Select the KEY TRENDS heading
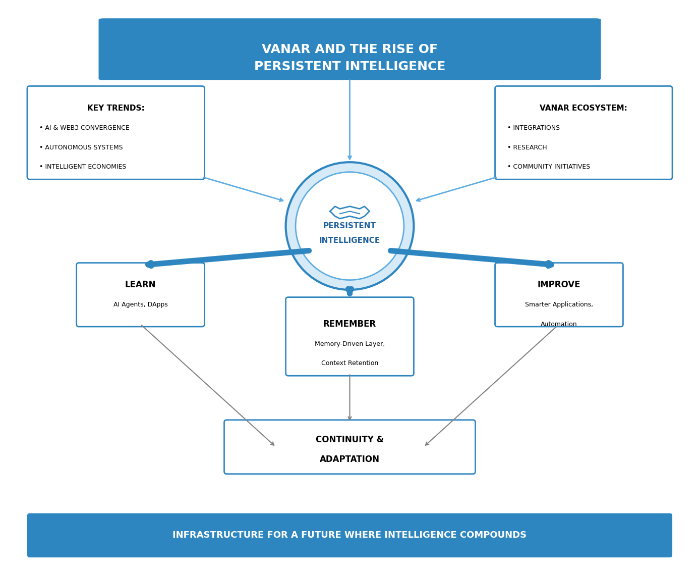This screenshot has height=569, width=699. (x=115, y=108)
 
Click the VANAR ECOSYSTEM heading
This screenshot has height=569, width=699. (x=583, y=108)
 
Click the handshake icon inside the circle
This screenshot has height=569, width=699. (x=349, y=212)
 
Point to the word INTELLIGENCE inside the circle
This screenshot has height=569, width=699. (x=349, y=240)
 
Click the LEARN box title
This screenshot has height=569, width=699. (x=140, y=285)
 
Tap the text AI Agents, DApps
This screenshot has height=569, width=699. (x=140, y=305)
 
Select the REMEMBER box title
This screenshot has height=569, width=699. (x=349, y=324)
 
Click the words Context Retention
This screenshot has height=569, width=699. (x=349, y=364)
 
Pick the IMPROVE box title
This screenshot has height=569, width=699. (x=559, y=285)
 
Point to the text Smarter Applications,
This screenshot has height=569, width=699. (x=559, y=305)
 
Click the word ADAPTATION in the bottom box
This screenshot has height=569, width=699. (x=349, y=459)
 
